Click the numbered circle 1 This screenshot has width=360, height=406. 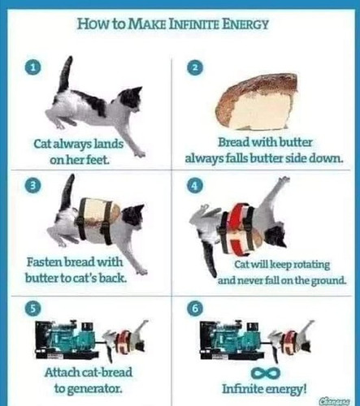pos(33,68)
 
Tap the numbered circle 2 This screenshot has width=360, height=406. pos(195,68)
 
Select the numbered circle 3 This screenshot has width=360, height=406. pos(33,186)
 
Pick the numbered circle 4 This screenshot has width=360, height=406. pos(195,186)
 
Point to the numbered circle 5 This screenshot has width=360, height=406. pos(33,309)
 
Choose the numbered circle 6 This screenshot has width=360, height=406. pos(195,309)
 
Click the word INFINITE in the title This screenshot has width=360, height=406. pos(194,24)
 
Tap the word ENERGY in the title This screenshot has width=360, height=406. pos(245,24)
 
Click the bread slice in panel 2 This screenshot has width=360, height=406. pos(258,103)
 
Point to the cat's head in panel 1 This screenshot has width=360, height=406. pos(130,99)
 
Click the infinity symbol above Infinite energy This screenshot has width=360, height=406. pos(265,374)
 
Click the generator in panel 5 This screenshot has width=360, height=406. pos(67,339)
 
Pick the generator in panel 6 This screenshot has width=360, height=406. pos(232,339)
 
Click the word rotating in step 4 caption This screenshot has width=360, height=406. pos(312,265)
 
